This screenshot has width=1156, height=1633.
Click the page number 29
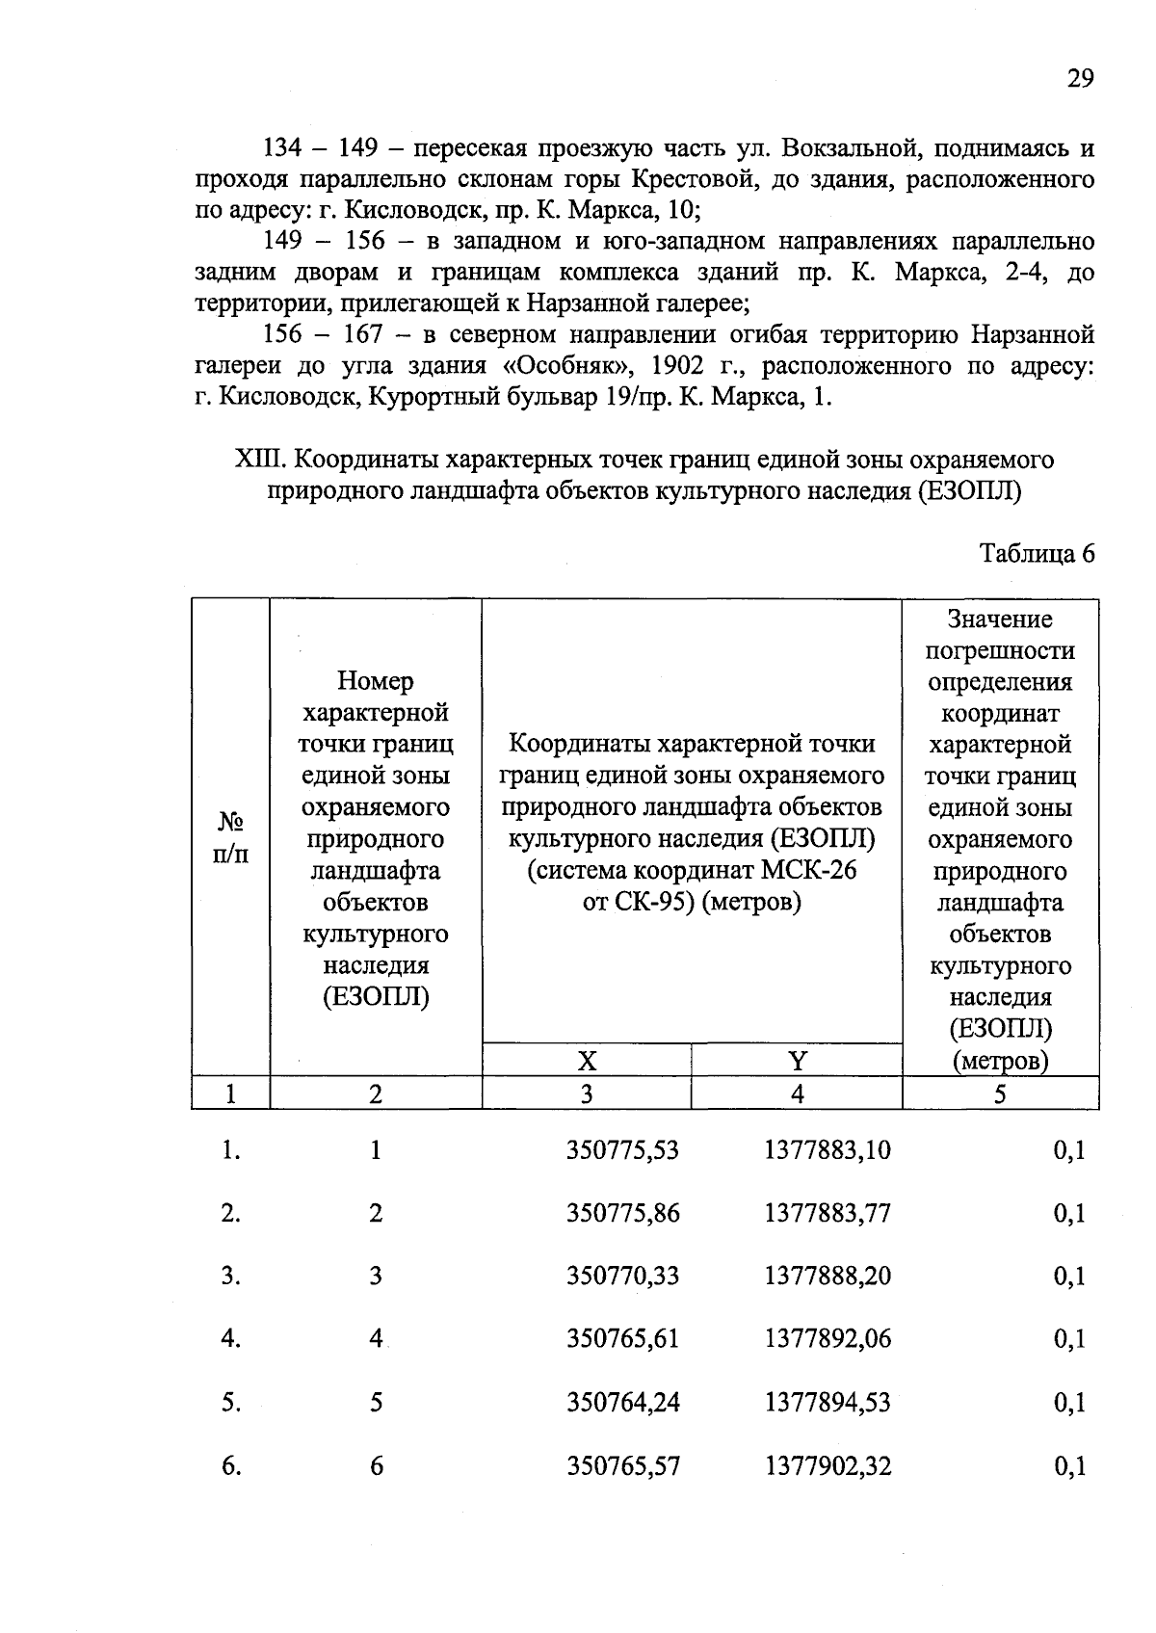click(1080, 79)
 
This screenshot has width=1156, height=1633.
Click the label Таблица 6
click(1037, 554)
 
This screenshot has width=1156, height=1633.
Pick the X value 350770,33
click(622, 1276)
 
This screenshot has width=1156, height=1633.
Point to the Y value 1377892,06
click(828, 1338)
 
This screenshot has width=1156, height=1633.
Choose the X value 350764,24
click(622, 1402)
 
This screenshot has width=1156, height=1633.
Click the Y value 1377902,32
click(828, 1465)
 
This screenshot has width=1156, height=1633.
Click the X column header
click(587, 1061)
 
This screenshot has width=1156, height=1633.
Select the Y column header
click(797, 1061)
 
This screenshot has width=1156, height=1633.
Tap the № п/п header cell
click(230, 837)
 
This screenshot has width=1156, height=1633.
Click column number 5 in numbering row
click(1000, 1093)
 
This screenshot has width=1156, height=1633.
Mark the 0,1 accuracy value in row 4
click(1069, 1338)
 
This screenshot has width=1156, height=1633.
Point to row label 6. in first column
click(230, 1465)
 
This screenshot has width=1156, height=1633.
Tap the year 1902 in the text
click(683, 366)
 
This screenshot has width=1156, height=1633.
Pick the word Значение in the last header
click(1000, 619)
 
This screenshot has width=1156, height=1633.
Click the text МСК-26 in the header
click(808, 870)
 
